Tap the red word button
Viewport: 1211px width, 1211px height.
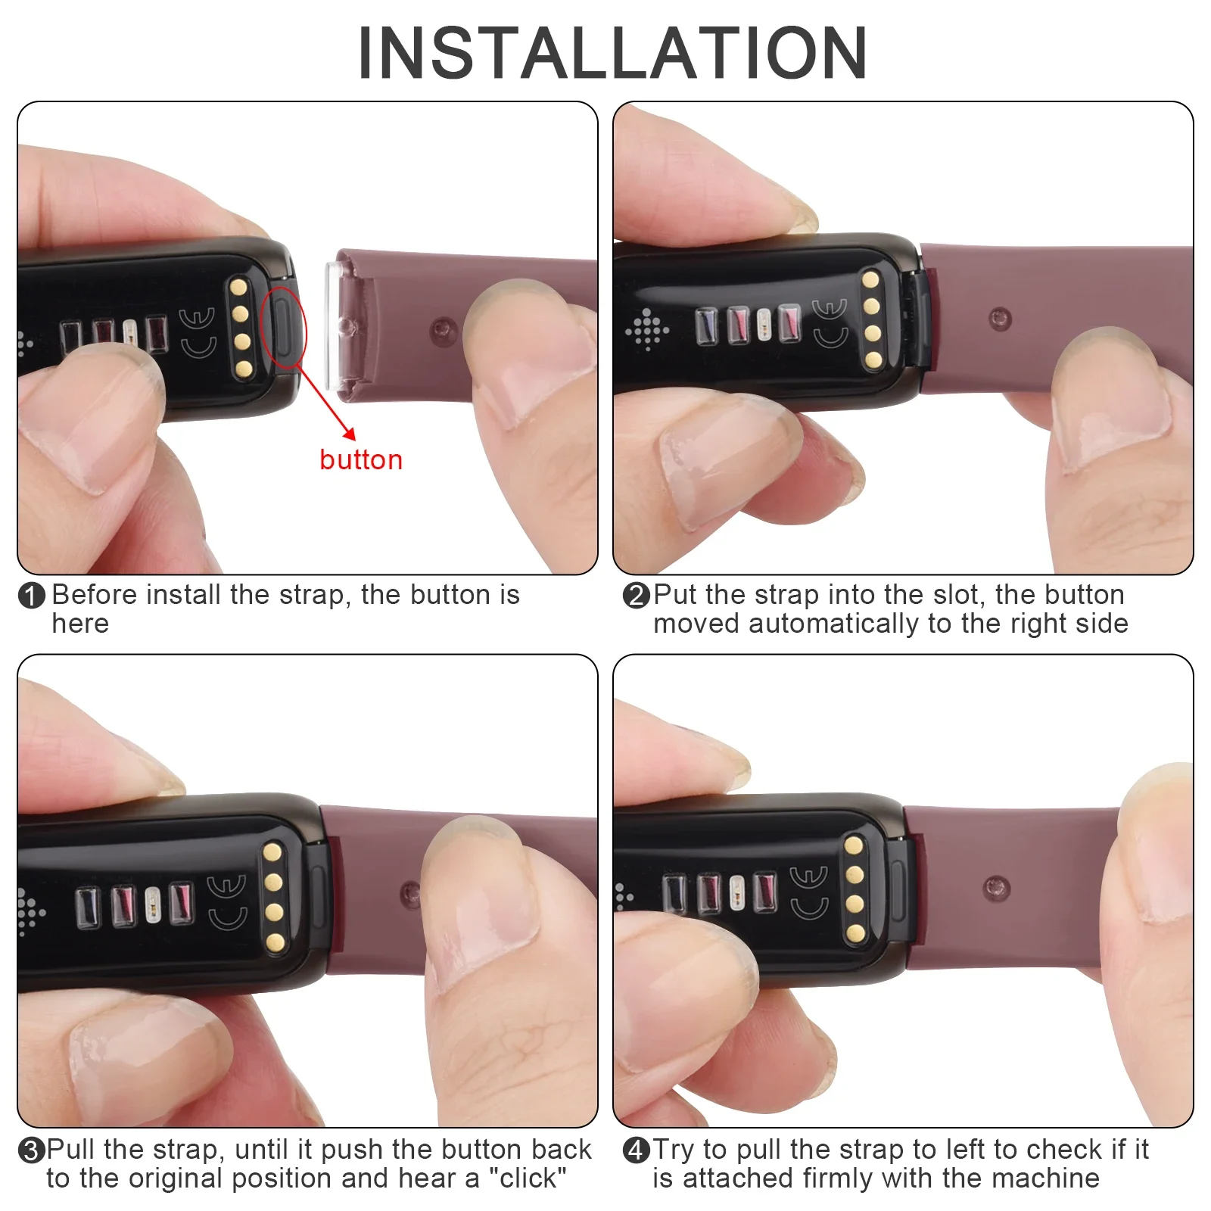[x=361, y=460]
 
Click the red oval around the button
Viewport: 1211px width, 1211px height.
[x=283, y=327]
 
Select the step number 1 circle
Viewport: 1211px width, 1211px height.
[x=32, y=596]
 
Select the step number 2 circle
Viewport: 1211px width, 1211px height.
[x=637, y=596]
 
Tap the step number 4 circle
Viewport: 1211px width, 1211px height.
[x=637, y=1150]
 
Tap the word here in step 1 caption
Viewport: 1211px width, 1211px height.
[x=80, y=624]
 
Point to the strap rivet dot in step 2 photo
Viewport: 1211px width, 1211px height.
[x=1000, y=318]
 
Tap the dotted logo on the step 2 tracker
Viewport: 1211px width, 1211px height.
[x=647, y=329]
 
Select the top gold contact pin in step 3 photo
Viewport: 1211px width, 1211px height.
[x=272, y=853]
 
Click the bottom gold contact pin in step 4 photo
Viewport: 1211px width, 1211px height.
[x=856, y=933]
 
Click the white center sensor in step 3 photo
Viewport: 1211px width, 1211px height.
[x=153, y=904]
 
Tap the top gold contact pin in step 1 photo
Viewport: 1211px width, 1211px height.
[x=239, y=287]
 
